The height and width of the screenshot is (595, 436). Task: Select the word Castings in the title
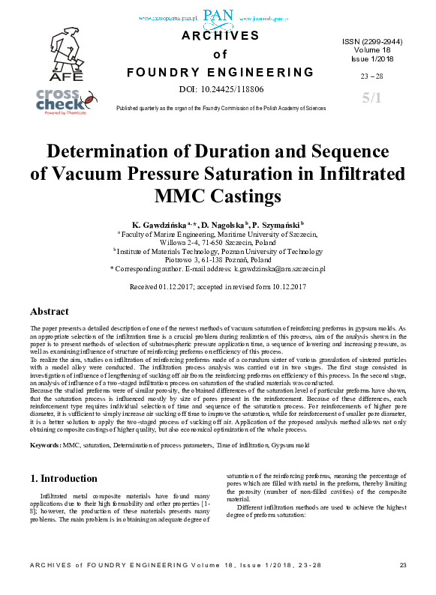(x=245, y=196)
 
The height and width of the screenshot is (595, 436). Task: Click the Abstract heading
(x=50, y=311)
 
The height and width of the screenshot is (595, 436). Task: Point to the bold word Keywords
(x=45, y=445)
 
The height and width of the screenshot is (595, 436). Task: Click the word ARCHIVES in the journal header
(x=220, y=35)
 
